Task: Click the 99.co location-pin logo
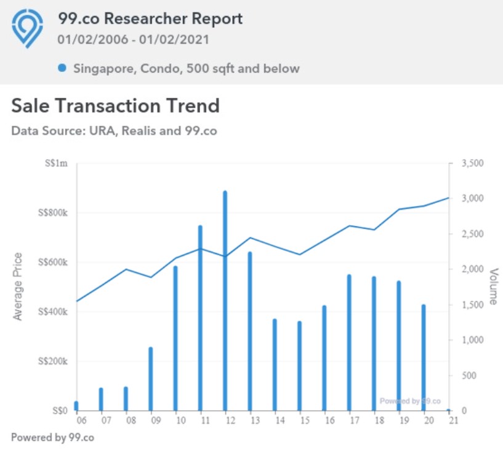click(27, 28)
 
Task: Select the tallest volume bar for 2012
click(225, 301)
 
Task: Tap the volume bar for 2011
click(200, 318)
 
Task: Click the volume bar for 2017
click(349, 343)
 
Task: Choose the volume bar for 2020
click(424, 357)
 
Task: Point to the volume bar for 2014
click(275, 365)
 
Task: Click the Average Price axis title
click(18, 287)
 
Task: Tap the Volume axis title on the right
click(493, 287)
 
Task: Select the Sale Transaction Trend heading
click(115, 106)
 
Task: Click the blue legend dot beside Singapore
click(62, 68)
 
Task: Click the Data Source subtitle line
click(114, 130)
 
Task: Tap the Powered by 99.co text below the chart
click(52, 438)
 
